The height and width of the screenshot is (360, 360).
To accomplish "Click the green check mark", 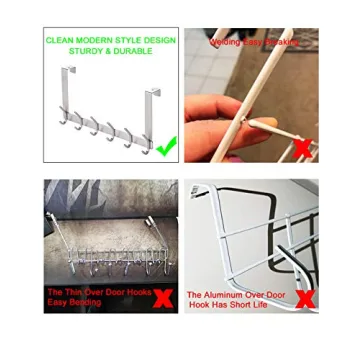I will click(166, 146).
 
